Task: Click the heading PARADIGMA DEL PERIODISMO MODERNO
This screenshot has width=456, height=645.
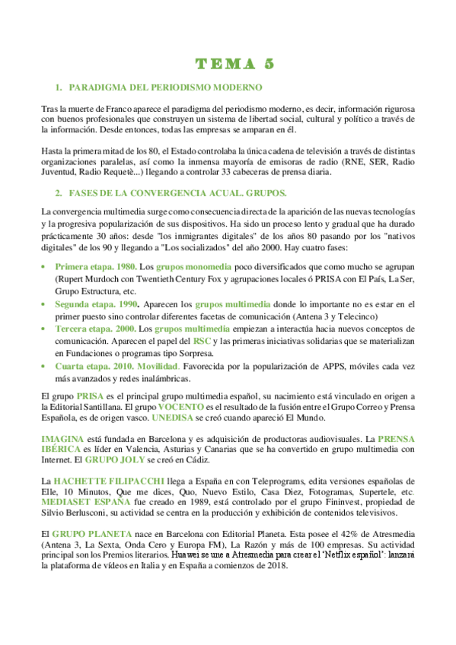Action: tap(165, 88)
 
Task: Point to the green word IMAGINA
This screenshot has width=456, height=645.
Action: tap(65, 439)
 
